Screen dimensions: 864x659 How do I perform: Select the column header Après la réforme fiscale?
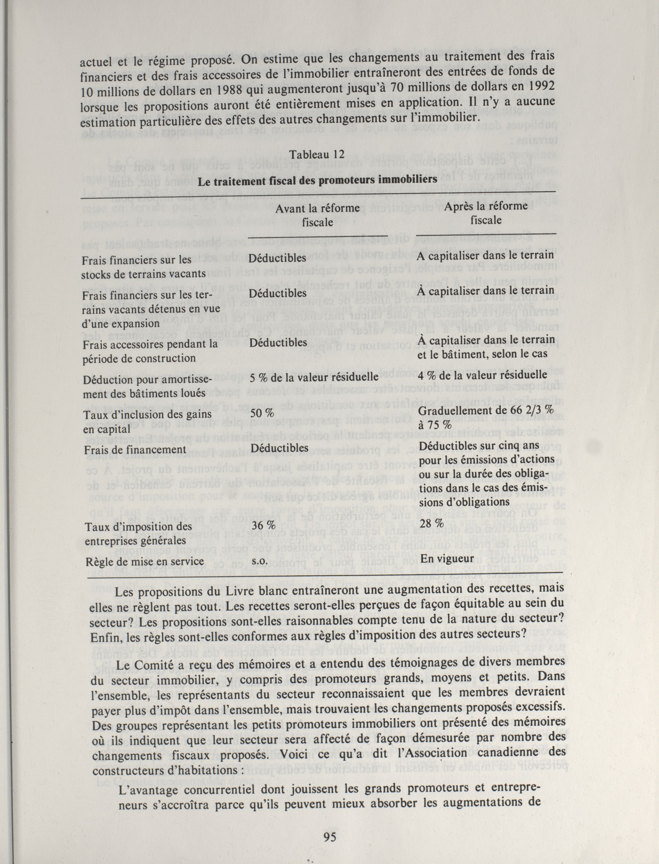[486, 213]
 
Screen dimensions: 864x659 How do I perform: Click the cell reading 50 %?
[262, 413]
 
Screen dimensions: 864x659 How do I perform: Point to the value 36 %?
[262, 525]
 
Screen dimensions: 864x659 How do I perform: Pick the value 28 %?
[432, 523]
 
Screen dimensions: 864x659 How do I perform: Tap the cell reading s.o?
[259, 561]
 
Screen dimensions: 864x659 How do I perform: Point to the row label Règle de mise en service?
[145, 562]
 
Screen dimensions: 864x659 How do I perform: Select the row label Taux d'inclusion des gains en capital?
[147, 421]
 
